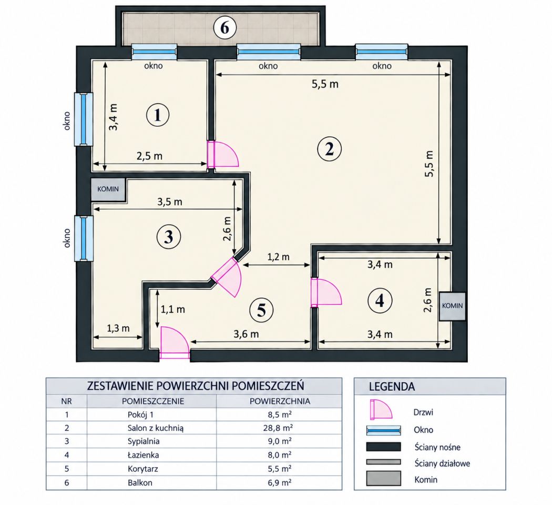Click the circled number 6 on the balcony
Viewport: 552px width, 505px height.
click(224, 27)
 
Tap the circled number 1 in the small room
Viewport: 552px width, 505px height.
click(157, 115)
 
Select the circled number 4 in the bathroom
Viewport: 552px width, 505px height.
click(380, 301)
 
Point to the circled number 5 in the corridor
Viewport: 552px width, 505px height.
click(261, 310)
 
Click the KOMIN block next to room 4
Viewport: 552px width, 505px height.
click(452, 306)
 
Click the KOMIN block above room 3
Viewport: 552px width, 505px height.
click(108, 189)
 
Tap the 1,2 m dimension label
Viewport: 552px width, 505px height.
click(278, 257)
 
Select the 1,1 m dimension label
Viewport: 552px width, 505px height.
click(172, 309)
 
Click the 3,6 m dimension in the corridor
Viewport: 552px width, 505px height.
click(246, 334)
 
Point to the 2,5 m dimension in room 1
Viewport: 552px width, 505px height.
click(149, 156)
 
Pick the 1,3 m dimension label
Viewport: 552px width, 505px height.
click(118, 328)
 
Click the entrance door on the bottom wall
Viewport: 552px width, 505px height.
click(175, 343)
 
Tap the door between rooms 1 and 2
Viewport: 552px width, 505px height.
click(222, 154)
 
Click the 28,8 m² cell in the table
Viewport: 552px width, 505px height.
click(280, 428)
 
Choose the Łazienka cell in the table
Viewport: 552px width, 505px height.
click(143, 455)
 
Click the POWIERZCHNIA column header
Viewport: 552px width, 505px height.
click(280, 401)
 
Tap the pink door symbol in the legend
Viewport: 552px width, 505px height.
click(381, 409)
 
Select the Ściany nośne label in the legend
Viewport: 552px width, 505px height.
click(437, 447)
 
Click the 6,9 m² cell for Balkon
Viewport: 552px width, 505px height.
click(280, 482)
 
